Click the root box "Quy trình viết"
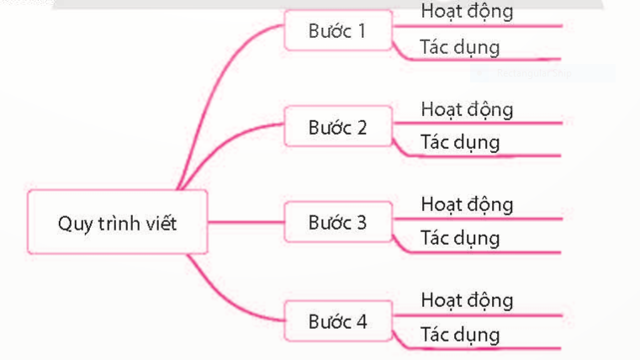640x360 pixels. point(117,222)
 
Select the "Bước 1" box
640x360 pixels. point(337,31)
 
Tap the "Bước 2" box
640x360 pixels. point(337,127)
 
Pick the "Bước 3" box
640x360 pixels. point(337,222)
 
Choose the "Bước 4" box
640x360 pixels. point(337,320)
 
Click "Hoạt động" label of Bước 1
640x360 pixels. point(467,12)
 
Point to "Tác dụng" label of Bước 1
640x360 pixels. point(459,46)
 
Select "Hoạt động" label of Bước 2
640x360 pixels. point(467,109)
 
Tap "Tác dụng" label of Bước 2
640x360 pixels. point(459,141)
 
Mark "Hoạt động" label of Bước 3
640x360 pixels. point(467,204)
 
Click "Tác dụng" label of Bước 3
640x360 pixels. point(459,237)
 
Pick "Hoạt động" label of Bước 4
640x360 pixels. point(467,299)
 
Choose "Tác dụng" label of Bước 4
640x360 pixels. point(459,334)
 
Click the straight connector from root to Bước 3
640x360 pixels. point(246,222)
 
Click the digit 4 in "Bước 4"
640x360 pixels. point(362,320)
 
